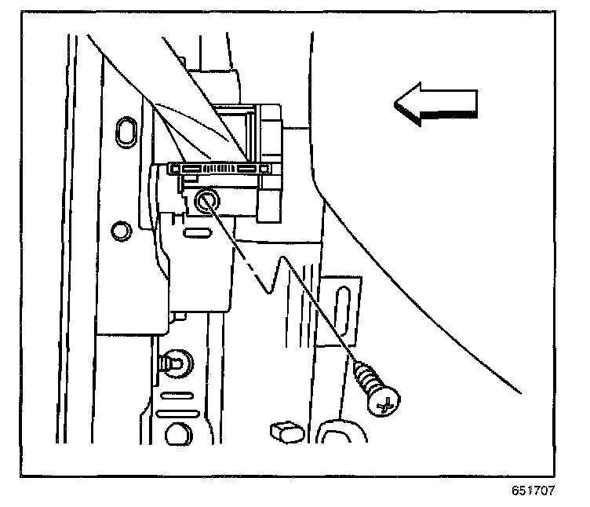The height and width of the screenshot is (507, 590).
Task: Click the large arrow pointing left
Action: coord(435,105)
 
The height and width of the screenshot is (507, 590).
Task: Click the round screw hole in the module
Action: coord(209,201)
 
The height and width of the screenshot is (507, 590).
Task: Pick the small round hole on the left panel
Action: coord(121,231)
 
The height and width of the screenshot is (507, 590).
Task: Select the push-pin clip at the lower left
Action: coord(172,363)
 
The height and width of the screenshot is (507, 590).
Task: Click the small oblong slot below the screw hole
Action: coord(193,232)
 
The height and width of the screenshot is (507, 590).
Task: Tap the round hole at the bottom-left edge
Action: coord(178,436)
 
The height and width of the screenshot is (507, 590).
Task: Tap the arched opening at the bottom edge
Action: coord(339,435)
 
